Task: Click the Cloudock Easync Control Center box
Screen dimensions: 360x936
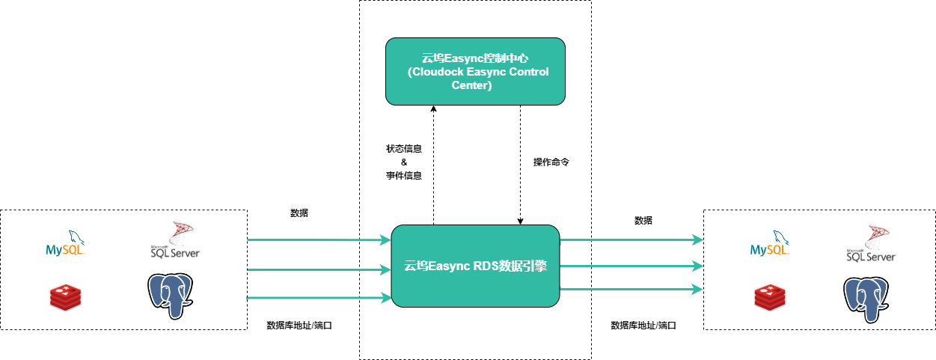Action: coord(475,71)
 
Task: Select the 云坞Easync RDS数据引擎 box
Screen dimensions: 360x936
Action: coord(475,265)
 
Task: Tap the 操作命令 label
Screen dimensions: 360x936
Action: coord(551,162)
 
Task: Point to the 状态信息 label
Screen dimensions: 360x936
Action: coord(403,148)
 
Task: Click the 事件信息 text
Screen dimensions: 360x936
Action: coord(403,176)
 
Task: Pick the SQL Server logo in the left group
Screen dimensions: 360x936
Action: coord(175,240)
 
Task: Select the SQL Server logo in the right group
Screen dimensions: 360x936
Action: coord(871,244)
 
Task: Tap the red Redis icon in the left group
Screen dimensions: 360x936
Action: coord(65,297)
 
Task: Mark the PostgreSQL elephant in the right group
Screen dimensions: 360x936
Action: coord(868,299)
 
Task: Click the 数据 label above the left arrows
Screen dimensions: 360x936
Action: coord(299,213)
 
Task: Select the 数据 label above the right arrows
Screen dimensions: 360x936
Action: coord(643,220)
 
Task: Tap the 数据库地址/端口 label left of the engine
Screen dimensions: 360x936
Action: coord(299,326)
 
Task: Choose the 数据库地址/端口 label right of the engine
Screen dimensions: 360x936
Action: coord(643,326)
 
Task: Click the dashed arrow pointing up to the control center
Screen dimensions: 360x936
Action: coord(433,165)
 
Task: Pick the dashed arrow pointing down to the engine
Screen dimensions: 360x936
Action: coord(520,165)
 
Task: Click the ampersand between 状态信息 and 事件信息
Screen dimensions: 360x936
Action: coord(403,162)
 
